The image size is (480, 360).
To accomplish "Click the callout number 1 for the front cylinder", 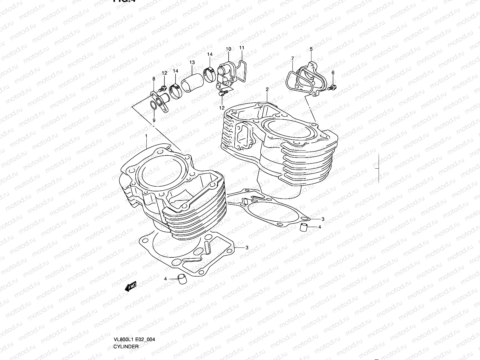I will click(146, 136).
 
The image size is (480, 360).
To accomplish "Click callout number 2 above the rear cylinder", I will click(267, 89).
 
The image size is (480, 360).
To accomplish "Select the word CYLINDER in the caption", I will click(126, 346).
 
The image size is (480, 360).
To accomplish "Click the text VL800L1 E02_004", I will click(134, 339).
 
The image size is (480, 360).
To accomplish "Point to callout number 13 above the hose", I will click(192, 62).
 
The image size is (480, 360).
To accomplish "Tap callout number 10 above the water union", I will click(228, 49).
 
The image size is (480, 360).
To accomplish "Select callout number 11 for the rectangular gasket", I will click(242, 48).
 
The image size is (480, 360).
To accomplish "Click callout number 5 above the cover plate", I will click(311, 49).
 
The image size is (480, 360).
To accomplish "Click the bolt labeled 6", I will click(332, 88).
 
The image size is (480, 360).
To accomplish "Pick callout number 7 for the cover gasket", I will click(292, 58).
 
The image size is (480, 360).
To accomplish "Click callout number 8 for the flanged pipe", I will click(154, 79).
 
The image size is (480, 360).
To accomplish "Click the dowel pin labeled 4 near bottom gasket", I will click(181, 279).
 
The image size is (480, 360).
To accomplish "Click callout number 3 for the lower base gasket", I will click(247, 247).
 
